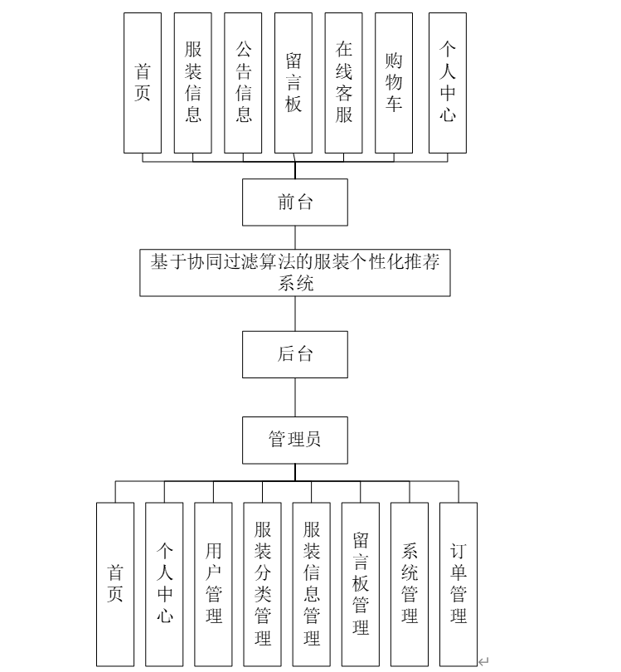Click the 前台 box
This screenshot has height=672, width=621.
coord(294,202)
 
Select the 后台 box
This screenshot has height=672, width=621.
coord(294,354)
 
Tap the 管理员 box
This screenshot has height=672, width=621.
coord(294,441)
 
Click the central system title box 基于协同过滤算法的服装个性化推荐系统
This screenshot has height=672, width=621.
coord(294,273)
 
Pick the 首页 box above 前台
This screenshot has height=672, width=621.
coord(143,83)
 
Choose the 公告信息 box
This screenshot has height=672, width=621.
coord(243,83)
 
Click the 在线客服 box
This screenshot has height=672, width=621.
coord(343,83)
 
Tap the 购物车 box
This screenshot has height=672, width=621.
coord(394,83)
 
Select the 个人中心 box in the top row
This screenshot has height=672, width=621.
coord(448,83)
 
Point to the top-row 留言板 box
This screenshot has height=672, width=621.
coord(294,83)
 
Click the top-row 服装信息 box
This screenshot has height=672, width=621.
coord(192,83)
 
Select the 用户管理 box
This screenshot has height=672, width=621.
coord(213,584)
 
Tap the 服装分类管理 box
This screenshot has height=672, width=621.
coord(262,584)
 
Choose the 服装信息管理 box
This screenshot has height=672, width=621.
coord(312,584)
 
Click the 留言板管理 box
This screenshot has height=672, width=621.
coord(360,584)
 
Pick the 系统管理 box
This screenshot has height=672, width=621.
coord(410,584)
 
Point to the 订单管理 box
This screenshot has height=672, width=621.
coord(458,584)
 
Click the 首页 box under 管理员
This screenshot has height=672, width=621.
coord(115,584)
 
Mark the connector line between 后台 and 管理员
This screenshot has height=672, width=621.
coord(295,397)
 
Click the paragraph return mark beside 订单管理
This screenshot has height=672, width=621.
coord(483,662)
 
